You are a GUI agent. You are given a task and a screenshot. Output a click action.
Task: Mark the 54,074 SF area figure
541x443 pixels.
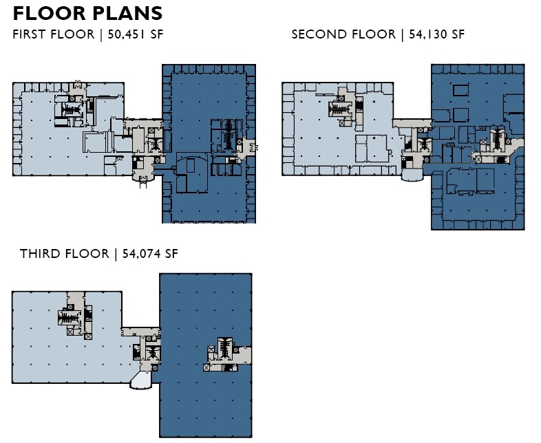click(x=150, y=254)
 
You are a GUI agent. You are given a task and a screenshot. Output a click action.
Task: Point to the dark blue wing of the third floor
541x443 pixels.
click(x=200, y=399)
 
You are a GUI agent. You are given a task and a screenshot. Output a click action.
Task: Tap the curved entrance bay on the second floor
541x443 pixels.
click(x=412, y=177)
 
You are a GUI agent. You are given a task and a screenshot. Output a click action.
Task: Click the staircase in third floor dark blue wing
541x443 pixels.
click(x=224, y=348)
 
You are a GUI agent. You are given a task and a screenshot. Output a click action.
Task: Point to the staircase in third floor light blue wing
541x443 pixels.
click(x=68, y=318)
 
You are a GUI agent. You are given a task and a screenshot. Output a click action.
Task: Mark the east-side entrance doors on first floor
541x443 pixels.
click(x=254, y=147)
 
